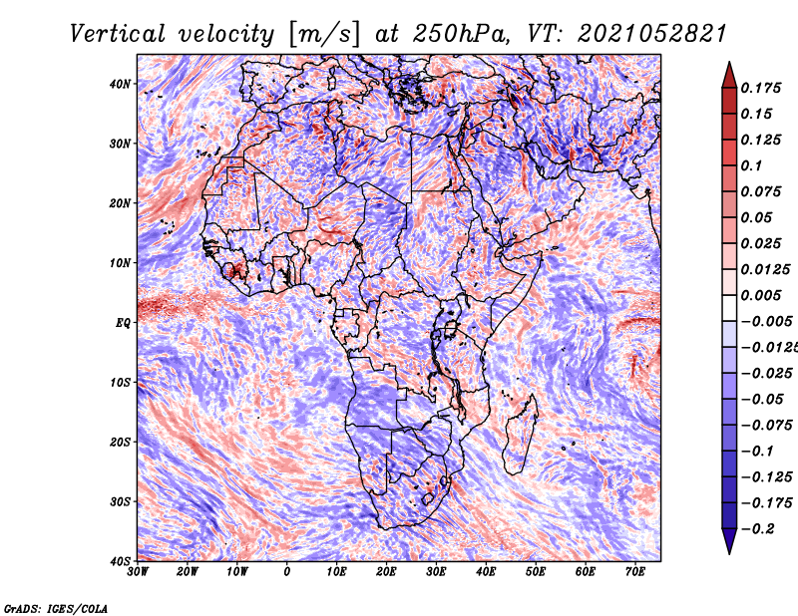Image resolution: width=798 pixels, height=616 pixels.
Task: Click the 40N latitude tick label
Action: point(119,84)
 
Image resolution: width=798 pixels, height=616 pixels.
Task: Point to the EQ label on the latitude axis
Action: point(122,322)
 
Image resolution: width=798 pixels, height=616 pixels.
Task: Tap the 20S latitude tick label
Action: point(119,442)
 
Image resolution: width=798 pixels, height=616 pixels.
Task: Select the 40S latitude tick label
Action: point(119,560)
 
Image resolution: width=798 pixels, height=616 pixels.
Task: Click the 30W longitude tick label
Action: point(138,572)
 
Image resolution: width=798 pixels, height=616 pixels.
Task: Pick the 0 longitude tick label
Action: point(287,572)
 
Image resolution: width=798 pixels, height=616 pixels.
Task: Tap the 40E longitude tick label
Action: point(487,572)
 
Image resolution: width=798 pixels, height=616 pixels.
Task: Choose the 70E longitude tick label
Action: point(635,572)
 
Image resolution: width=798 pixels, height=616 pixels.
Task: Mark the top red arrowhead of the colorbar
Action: point(729,73)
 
